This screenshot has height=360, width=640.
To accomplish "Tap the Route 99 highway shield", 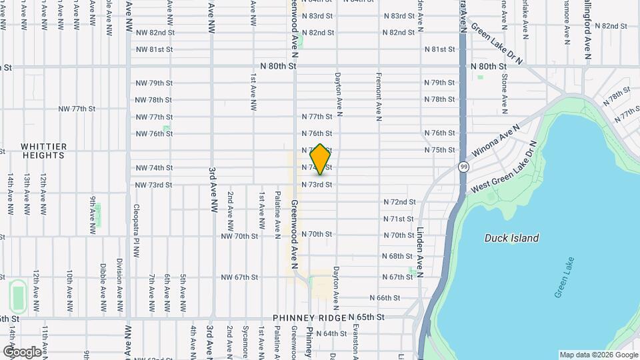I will coord(463,166).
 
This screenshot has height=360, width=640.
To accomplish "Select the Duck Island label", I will coord(511,238).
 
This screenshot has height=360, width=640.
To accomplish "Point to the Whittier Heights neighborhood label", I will coord(43,151).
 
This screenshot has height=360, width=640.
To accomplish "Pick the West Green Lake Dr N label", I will coord(505,168).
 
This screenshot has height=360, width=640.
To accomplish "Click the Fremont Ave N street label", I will coord(378,97).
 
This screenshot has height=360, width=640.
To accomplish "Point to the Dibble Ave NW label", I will coord(103,293).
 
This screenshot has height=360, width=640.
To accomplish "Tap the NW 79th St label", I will coord(153,83).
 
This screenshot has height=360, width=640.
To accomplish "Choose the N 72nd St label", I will coord(399,202).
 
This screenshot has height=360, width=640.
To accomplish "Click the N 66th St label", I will coord(385,298).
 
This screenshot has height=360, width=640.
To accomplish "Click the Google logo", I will coord(21,351).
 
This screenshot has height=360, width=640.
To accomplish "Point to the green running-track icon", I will coord(18,294).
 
